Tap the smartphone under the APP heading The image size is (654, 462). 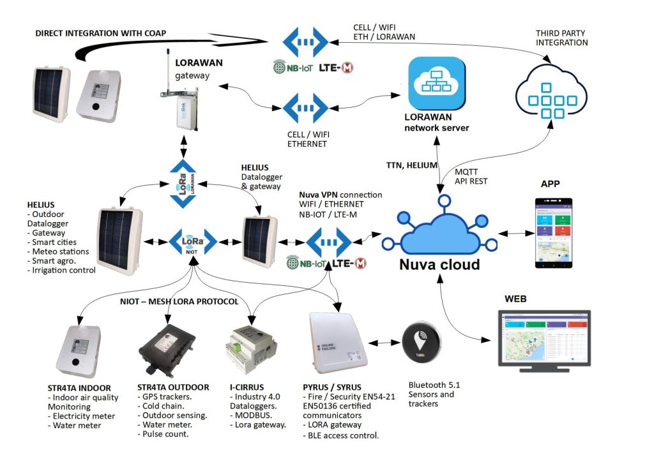pyautogui.click(x=554, y=233)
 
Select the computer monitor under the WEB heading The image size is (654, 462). pyautogui.click(x=544, y=340)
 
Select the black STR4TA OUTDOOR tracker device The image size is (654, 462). pyautogui.click(x=165, y=350)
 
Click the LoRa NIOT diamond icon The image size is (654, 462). pyautogui.click(x=192, y=242)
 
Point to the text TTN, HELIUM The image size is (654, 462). pyautogui.click(x=412, y=165)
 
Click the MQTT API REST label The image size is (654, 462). pyautogui.click(x=470, y=176)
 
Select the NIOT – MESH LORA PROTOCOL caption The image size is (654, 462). pyautogui.click(x=179, y=302)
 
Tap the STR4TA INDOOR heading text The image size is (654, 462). pyautogui.click(x=79, y=387)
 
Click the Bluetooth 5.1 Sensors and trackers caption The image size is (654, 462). pyautogui.click(x=434, y=394)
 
